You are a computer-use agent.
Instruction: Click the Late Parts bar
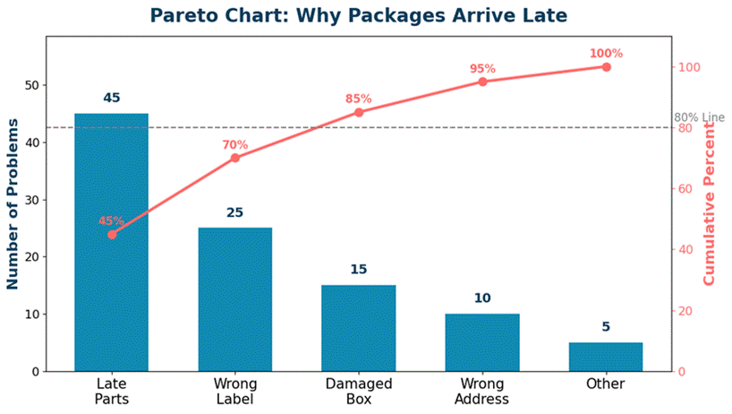[x=112, y=243]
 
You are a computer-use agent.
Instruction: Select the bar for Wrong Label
[x=235, y=299]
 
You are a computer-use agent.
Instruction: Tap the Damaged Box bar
[x=359, y=329]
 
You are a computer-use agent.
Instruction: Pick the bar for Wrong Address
[x=482, y=342]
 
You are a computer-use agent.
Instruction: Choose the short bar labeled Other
[x=606, y=357]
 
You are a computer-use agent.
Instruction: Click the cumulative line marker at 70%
[x=235, y=158]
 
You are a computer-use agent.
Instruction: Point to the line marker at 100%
[x=606, y=67]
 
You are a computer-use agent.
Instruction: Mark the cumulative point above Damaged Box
[x=359, y=112]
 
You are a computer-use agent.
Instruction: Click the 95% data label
[x=482, y=69]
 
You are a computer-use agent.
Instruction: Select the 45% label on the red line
[x=112, y=221]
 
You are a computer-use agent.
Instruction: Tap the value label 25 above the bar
[x=235, y=212]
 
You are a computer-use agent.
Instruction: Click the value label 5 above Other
[x=606, y=326]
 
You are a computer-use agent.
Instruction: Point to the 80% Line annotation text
[x=699, y=117]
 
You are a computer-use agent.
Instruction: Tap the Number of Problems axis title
[x=13, y=203]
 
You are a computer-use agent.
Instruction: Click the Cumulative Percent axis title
[x=709, y=203]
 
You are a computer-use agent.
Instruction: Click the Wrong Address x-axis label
[x=482, y=391]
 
